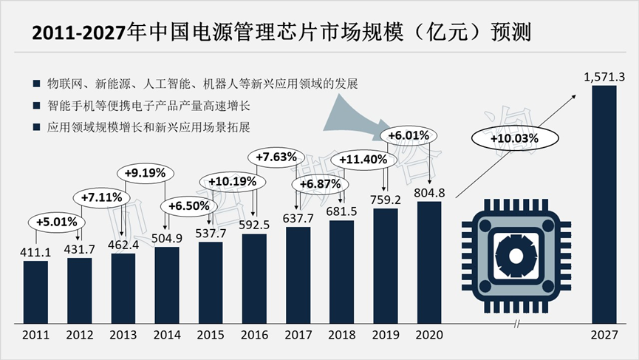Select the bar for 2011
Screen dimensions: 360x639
35,292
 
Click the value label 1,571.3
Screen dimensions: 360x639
604,76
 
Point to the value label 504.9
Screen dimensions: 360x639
168,238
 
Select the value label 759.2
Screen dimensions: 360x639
386,199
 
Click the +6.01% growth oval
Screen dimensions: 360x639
408,135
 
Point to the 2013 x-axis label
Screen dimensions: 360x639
123,335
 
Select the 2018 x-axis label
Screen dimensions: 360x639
342,335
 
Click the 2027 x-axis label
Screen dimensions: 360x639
604,335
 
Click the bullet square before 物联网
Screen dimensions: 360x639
36,82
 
